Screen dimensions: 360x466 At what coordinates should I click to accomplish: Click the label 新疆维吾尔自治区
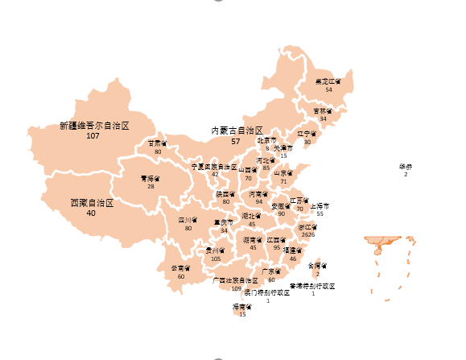95,126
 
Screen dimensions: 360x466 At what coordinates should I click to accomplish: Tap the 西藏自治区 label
92,203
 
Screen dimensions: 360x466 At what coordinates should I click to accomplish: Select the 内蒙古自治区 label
237,130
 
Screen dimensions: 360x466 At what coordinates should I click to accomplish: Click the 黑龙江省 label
328,81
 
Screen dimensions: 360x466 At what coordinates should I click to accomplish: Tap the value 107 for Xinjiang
93,136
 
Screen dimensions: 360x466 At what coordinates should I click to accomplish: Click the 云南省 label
181,268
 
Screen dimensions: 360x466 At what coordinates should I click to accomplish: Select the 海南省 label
243,307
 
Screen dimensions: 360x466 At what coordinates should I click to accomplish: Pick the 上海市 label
320,205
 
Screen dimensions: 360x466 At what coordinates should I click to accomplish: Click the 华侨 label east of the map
405,167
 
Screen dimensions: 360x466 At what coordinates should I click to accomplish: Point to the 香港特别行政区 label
312,286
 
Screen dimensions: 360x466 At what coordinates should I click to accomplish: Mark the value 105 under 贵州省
215,259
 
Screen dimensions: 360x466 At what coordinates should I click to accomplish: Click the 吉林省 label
323,111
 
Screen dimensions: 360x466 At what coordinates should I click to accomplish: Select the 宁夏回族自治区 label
213,166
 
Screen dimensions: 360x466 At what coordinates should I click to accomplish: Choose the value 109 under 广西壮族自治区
236,288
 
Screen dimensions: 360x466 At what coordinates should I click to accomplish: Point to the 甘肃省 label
158,143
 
